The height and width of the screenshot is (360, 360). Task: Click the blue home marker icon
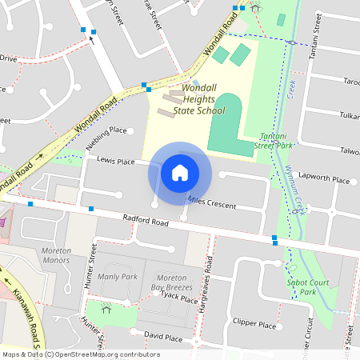180,172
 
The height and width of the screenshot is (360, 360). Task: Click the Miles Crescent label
211,202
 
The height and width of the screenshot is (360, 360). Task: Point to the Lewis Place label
115,161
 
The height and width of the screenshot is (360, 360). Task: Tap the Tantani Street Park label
270,142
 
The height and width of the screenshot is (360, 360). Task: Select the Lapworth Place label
324,180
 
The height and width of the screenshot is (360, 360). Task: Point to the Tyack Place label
178,298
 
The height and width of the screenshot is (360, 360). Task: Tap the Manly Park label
118,276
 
